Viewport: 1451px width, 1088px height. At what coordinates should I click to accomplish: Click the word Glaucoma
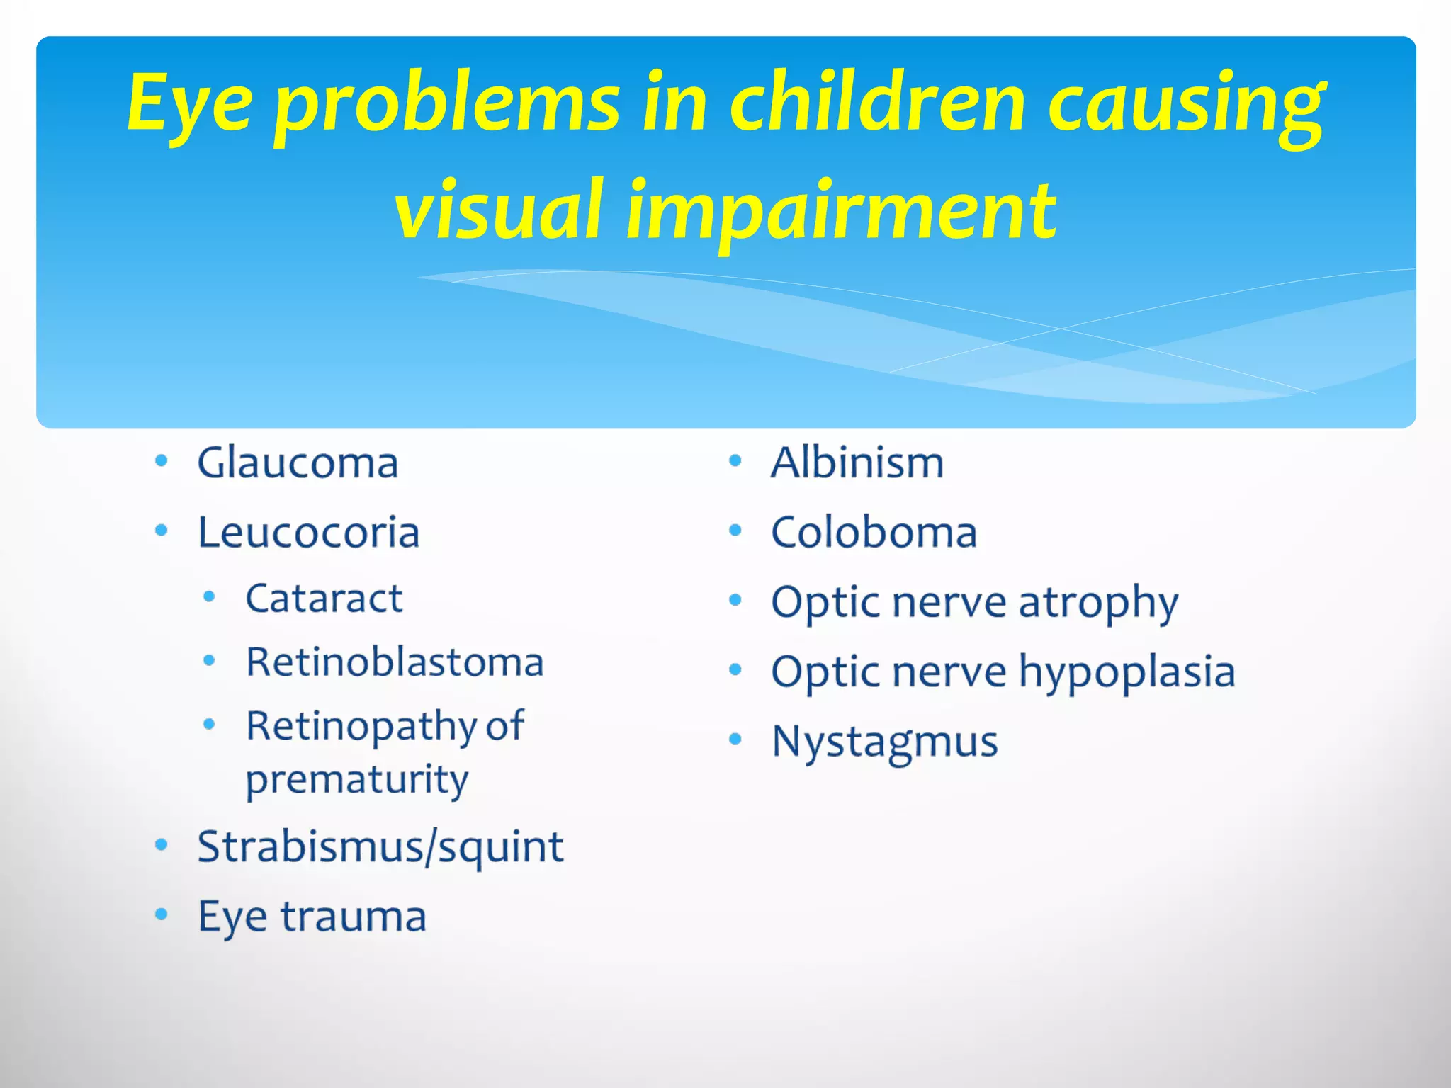coord(298,464)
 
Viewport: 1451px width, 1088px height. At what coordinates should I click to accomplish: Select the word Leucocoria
coord(309,533)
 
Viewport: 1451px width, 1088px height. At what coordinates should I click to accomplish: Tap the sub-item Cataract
coord(324,599)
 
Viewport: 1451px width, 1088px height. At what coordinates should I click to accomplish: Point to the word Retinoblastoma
coord(395,663)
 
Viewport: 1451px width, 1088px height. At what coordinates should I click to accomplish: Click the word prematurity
coord(356,780)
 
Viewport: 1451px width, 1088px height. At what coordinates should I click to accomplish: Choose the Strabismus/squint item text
coord(380,847)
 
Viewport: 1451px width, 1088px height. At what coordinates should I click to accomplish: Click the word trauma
coord(354,917)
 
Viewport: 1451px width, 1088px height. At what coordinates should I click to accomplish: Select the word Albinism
coord(857,464)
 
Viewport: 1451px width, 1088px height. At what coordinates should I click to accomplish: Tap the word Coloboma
coord(874,533)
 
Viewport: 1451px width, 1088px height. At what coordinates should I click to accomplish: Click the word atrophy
coord(1098,603)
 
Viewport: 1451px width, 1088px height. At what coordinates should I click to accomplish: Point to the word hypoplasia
coord(1127,672)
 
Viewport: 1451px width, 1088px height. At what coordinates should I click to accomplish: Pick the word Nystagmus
coord(885,742)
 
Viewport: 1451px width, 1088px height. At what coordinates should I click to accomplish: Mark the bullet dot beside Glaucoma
coord(162,462)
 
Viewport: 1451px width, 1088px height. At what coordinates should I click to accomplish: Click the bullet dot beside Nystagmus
coord(735,740)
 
